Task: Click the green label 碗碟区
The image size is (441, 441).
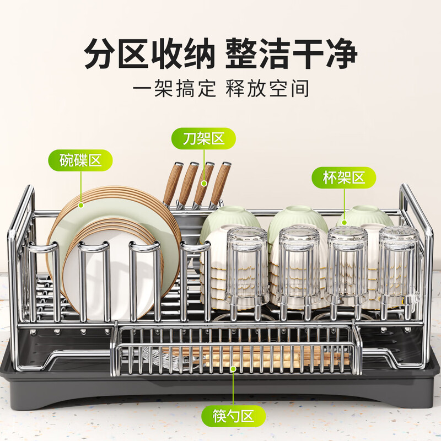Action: point(81,161)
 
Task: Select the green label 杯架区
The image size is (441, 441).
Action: point(345,178)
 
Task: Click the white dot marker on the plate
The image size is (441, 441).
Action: point(81,205)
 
